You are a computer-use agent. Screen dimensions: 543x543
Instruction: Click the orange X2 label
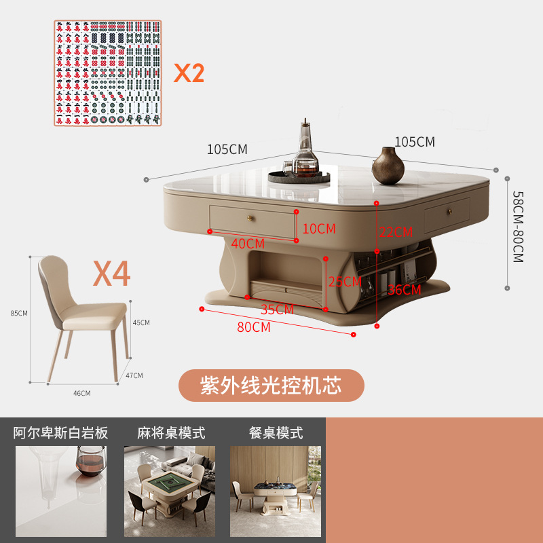coord(188,72)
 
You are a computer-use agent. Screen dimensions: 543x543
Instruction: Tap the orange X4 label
coord(111,274)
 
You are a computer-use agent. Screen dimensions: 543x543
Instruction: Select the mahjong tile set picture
coord(109,73)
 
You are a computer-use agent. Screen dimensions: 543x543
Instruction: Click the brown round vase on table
coord(388,164)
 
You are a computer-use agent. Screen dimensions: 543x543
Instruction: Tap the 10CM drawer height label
coord(319,229)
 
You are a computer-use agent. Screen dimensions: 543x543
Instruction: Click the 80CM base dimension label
coord(253,327)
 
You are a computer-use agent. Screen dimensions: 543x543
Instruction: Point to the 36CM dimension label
coord(404,290)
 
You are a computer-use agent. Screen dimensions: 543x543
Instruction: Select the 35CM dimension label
coord(277,310)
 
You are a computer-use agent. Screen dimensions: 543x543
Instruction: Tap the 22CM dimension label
coord(396,232)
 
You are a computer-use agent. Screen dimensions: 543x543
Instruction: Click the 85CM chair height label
coord(19,314)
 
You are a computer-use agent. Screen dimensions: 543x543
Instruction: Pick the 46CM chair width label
coord(81,393)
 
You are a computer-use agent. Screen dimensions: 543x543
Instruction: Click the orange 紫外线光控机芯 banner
coord(271,386)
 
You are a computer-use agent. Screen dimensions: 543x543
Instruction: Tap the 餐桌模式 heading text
coord(276,433)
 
